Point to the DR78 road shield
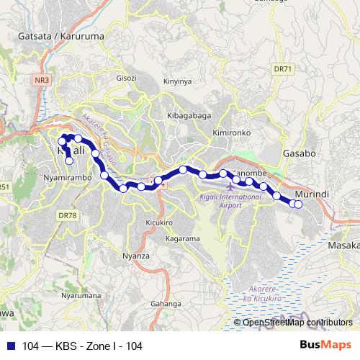coord(67,215)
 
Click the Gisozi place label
coord(125,78)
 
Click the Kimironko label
coord(231,133)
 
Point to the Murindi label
coord(313,194)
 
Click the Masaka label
coord(343,246)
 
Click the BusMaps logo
coord(330,346)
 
